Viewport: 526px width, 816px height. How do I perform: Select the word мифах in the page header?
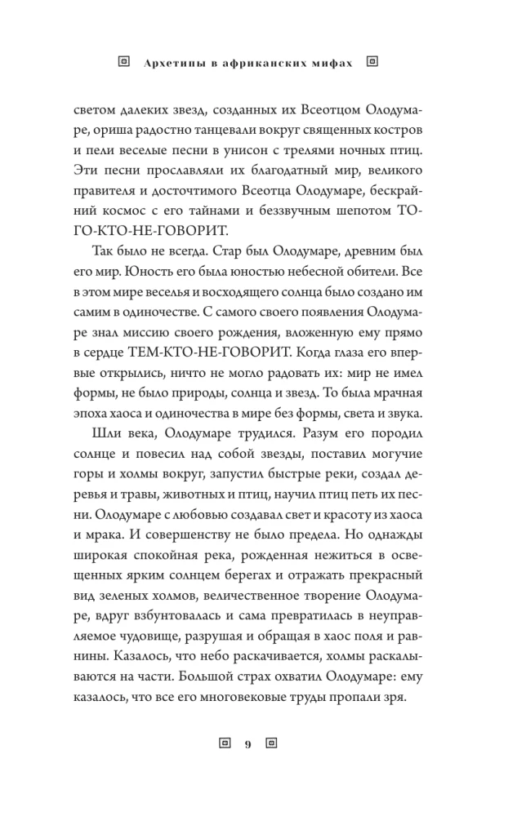pyautogui.click(x=334, y=61)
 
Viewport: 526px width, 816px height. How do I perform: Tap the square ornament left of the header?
pyautogui.click(x=124, y=60)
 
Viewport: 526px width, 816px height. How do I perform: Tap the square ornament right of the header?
pyautogui.click(x=372, y=60)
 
